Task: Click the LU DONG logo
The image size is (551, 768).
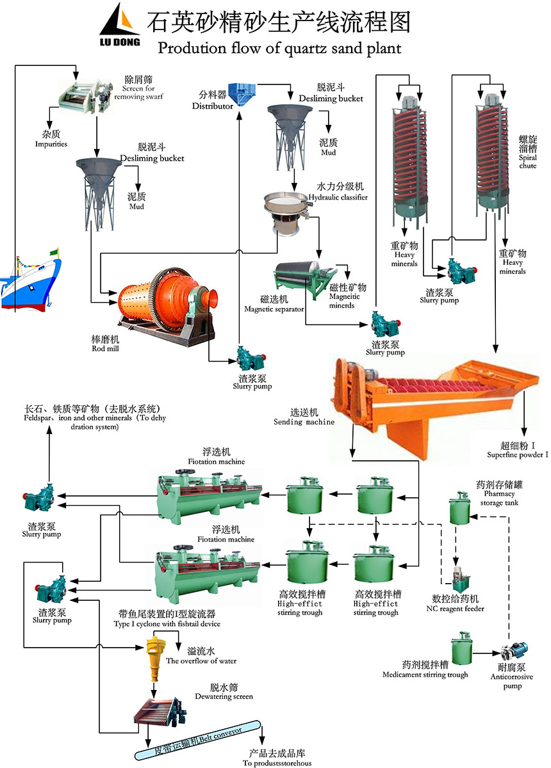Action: pyautogui.click(x=120, y=26)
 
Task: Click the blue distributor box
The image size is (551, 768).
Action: pyautogui.click(x=242, y=95)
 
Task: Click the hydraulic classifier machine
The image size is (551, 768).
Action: pyautogui.click(x=283, y=212)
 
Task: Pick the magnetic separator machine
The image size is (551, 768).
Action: pyautogui.click(x=301, y=279)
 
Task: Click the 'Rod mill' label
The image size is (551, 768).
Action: pyautogui.click(x=106, y=344)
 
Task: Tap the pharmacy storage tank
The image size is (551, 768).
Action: pyautogui.click(x=459, y=508)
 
